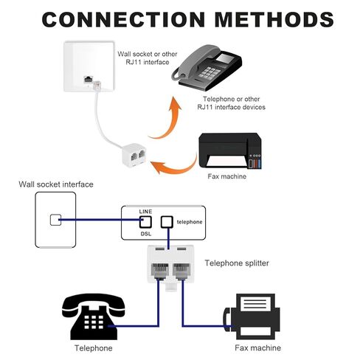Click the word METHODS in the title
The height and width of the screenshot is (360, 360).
pos(274,19)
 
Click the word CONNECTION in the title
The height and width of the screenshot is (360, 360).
pos(123,19)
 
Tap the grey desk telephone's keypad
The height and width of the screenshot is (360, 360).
pos(210,72)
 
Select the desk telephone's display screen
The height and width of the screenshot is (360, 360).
pos(225,59)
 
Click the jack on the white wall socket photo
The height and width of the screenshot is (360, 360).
pos(88,80)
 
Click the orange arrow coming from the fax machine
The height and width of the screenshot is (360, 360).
pos(176,165)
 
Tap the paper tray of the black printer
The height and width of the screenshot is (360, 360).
pos(226,162)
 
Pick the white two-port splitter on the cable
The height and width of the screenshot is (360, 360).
pos(134,154)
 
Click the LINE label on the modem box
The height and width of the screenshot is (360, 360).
pos(145,212)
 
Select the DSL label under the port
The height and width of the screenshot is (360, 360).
pos(146,234)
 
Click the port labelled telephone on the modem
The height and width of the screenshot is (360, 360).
pos(167,222)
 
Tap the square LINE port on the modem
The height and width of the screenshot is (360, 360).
pos(145,222)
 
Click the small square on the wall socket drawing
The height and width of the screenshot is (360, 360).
pos(55,220)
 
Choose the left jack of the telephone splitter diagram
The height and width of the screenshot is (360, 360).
pos(160,271)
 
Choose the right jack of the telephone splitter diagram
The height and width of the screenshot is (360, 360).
pos(181,271)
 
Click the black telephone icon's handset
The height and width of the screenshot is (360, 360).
pos(94,305)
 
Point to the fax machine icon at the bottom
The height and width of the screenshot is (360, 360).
pos(252,316)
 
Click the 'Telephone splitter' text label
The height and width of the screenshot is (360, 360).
pos(237,263)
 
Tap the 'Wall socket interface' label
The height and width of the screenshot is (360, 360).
pos(56,184)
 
